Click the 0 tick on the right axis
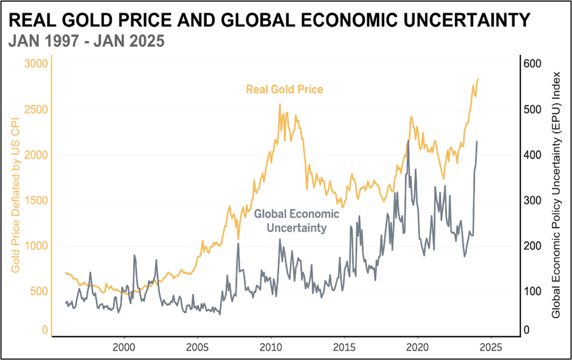[x=526, y=330]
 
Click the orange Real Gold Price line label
[x=284, y=90]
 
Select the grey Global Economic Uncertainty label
[x=297, y=221]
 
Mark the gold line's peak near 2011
[x=279, y=104]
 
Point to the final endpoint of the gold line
[x=478, y=79]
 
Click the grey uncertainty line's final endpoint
[x=477, y=141]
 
